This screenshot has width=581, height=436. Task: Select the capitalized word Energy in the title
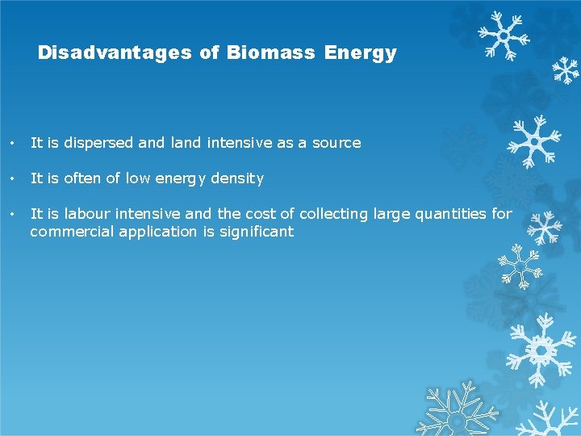(x=361, y=53)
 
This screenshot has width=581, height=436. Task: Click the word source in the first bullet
(x=336, y=143)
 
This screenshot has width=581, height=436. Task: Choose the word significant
(x=257, y=232)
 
